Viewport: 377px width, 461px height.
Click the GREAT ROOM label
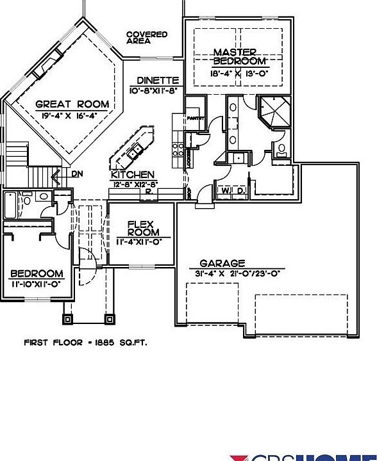[x=72, y=104]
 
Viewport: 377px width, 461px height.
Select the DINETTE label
[x=158, y=81]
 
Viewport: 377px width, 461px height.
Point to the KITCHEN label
[x=133, y=175]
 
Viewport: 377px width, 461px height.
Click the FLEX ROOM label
[x=139, y=229]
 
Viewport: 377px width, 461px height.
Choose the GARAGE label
[x=222, y=263]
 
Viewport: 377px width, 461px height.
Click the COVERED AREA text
[x=147, y=38]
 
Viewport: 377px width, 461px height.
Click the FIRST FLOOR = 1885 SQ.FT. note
[x=85, y=343]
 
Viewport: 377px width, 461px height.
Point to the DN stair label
[x=76, y=174]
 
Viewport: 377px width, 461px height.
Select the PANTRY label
[x=195, y=118]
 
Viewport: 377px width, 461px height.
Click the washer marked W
[x=226, y=190]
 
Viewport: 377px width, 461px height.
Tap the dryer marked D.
[x=240, y=190]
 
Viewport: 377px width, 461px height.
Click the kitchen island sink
[x=135, y=152]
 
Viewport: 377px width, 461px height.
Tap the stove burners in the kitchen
[x=178, y=150]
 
